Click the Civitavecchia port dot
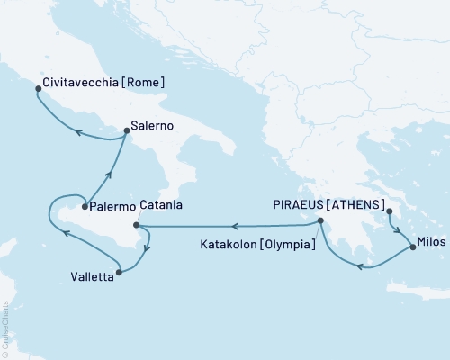(x=37, y=88)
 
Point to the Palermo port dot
(x=85, y=207)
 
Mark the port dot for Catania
(x=136, y=225)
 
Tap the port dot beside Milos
(x=412, y=246)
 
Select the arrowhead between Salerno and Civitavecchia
(x=78, y=135)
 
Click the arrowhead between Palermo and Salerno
(x=108, y=175)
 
